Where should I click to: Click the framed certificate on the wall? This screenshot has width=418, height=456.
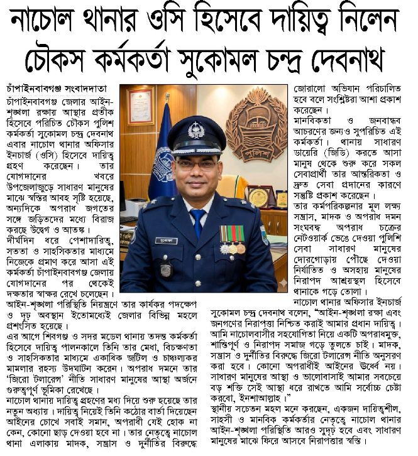point(140,106)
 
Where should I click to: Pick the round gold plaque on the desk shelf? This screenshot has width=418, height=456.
point(258,197)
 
